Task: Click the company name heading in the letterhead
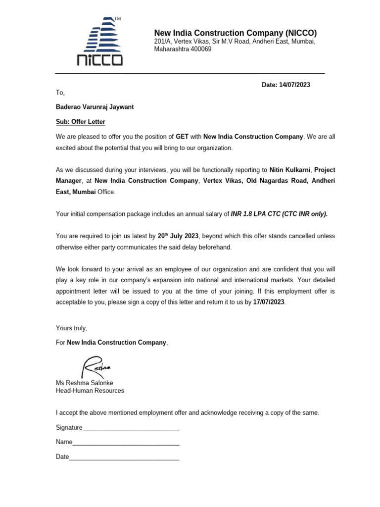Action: coord(235,33)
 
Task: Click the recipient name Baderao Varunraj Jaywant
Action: coord(95,107)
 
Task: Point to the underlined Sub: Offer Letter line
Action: coord(80,122)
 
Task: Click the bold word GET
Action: coord(182,136)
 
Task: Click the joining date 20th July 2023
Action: coord(178,236)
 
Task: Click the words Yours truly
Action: coord(71,328)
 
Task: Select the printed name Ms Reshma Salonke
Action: coord(85,383)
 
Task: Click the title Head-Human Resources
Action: coord(90,391)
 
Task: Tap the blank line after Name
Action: coord(126,443)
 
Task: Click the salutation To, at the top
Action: coord(60,93)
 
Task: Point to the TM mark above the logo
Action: coord(118,19)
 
